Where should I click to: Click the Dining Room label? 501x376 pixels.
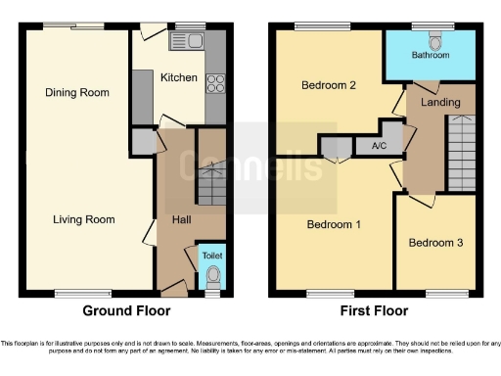click(x=76, y=93)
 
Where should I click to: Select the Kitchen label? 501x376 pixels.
click(x=179, y=77)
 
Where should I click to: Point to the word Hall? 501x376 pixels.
click(x=182, y=220)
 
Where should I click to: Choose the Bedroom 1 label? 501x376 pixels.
click(x=334, y=224)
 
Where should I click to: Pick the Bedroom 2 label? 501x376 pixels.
click(x=328, y=85)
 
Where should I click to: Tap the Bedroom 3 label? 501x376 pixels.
click(x=435, y=243)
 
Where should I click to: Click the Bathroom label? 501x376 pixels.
click(x=430, y=56)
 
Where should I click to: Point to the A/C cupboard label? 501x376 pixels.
click(x=378, y=147)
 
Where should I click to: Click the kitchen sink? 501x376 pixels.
click(x=185, y=40)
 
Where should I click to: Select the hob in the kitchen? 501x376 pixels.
click(x=214, y=84)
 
